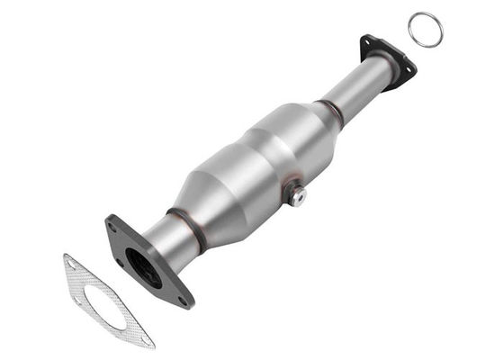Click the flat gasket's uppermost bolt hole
coord(71,263)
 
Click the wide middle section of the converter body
coord(256,162)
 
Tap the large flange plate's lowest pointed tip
coord(188,304)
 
